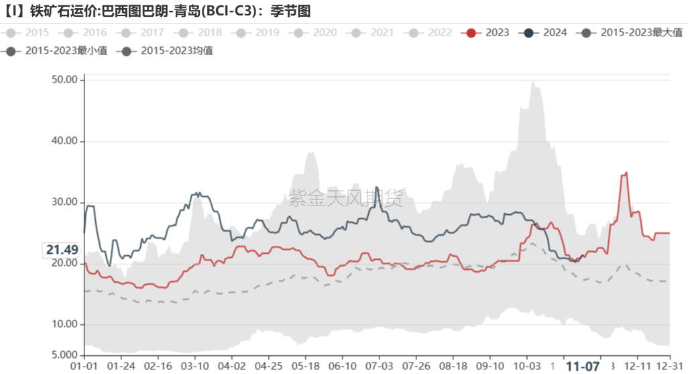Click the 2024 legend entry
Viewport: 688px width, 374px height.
pos(547,32)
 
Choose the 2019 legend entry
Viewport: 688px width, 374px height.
pos(258,32)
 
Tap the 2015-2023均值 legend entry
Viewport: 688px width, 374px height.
pos(168,50)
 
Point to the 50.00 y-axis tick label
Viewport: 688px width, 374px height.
pos(64,80)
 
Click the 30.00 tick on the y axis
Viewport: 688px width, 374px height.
pos(64,202)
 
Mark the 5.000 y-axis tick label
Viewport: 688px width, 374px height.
pos(64,355)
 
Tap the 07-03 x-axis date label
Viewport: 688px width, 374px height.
pos(378,367)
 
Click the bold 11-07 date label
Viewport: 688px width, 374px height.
pos(583,367)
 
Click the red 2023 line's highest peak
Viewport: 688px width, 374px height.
pos(626,173)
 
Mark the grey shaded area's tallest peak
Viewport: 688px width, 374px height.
pos(532,82)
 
